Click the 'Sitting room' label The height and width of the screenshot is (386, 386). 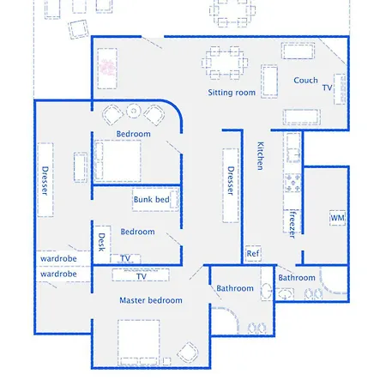pyautogui.click(x=232, y=93)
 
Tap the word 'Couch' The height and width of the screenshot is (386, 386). pyautogui.click(x=305, y=81)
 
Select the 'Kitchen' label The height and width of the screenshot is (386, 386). pyautogui.click(x=260, y=156)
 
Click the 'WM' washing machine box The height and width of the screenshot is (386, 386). pyautogui.click(x=337, y=218)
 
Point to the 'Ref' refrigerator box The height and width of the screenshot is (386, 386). pyautogui.click(x=253, y=253)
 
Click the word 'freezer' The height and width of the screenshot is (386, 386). pyautogui.click(x=292, y=225)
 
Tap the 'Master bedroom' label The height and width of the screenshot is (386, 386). pyautogui.click(x=151, y=300)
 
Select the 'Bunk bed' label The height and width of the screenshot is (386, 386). pyautogui.click(x=152, y=199)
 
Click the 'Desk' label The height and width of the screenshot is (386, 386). pyautogui.click(x=101, y=242)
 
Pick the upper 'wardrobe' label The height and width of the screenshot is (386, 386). pyautogui.click(x=58, y=259)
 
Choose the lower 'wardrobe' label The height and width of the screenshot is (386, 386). pyautogui.click(x=58, y=274)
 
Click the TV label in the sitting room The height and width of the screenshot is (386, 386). pyautogui.click(x=327, y=87)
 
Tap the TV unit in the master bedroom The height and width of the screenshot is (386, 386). pyautogui.click(x=141, y=274)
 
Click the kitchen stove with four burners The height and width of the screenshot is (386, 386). pyautogui.click(x=293, y=183)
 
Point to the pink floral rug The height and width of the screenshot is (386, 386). pyautogui.click(x=107, y=68)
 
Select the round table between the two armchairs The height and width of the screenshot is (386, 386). pyautogui.click(x=134, y=111)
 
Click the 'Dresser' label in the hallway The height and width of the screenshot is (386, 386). pyautogui.click(x=231, y=181)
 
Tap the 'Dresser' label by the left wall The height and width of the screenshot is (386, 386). pyautogui.click(x=45, y=181)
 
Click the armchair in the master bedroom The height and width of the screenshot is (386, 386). pyautogui.click(x=188, y=353)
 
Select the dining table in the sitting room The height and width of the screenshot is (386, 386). pyautogui.click(x=225, y=63)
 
